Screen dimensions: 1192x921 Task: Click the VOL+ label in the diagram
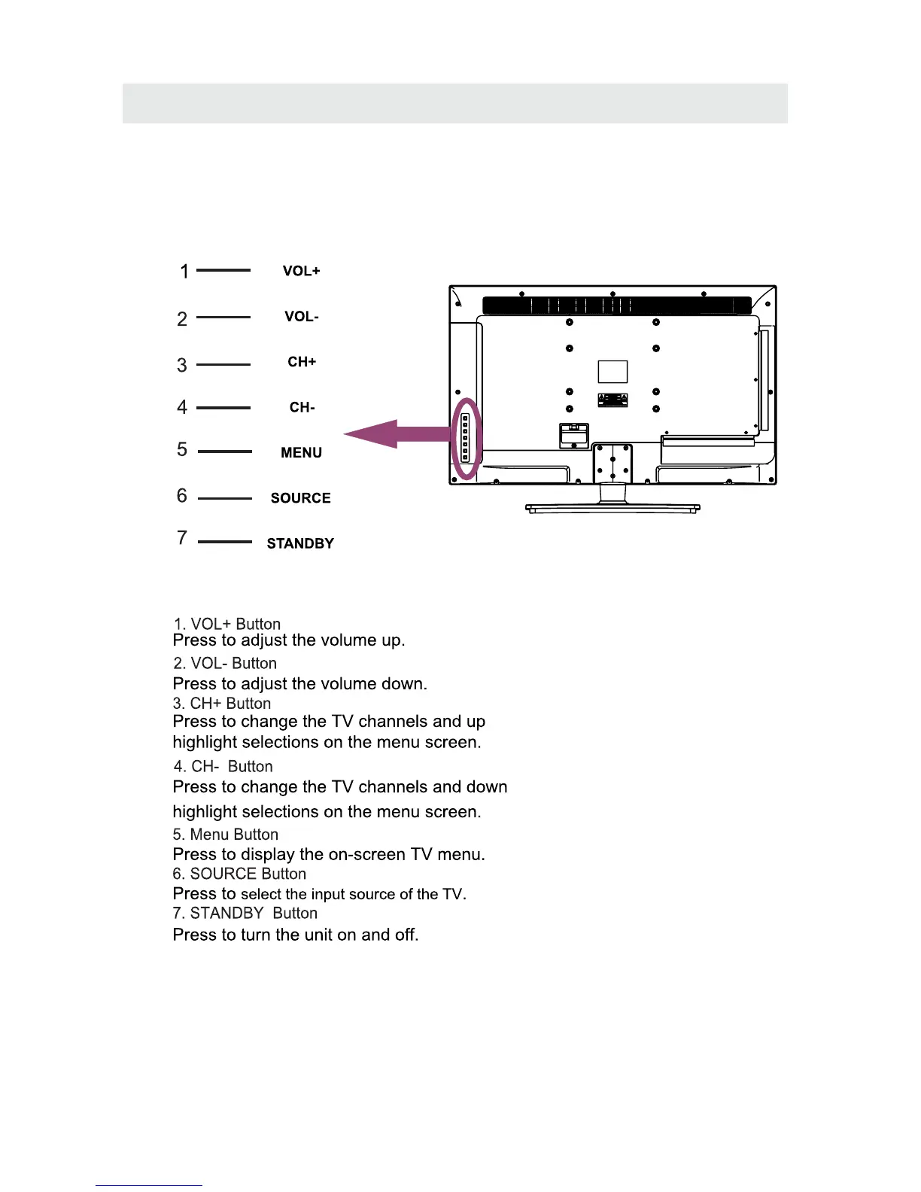coord(301,271)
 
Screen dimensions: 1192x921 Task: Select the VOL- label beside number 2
coord(301,317)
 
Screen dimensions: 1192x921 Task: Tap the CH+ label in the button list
coord(302,362)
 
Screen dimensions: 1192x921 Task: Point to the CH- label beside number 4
coord(302,407)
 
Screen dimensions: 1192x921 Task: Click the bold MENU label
coord(301,453)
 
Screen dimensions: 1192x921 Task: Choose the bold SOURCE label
coord(300,498)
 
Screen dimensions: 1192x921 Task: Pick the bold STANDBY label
coord(300,543)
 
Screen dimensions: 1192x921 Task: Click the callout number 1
coord(184,272)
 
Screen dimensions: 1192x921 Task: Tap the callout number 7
coord(182,538)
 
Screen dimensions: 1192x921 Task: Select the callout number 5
coord(182,450)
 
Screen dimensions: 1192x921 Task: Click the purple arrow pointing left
coord(391,434)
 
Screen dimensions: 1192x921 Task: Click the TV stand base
coord(612,509)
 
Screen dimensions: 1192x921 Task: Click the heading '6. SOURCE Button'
coord(239,874)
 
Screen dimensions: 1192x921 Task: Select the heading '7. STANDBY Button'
coord(245,913)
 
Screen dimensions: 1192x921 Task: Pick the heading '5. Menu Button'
coord(225,835)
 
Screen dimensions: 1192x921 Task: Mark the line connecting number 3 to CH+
coord(223,364)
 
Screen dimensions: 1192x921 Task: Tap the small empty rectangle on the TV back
coord(612,372)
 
